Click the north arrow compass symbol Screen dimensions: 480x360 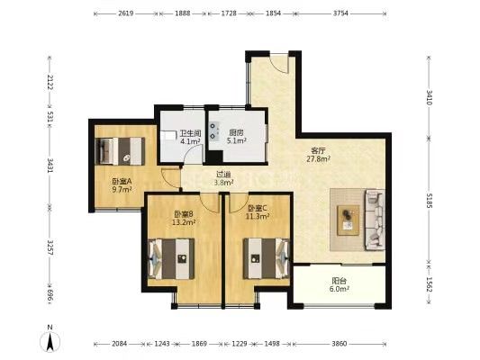[x=50, y=338]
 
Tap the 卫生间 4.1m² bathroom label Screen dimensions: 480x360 [x=190, y=137]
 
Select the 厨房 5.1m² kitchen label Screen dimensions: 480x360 [x=237, y=137]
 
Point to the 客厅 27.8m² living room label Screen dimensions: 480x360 [x=319, y=155]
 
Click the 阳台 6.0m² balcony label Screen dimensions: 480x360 [x=340, y=284]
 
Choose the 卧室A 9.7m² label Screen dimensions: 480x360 [x=122, y=185]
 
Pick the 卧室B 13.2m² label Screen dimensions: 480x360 [x=184, y=218]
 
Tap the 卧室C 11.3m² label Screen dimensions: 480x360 [x=258, y=212]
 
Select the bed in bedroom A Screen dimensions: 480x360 [x=120, y=151]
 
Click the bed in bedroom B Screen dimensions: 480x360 [x=171, y=259]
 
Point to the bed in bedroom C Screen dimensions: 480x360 [x=267, y=258]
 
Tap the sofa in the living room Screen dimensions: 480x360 [x=375, y=220]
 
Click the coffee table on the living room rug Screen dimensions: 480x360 [x=348, y=220]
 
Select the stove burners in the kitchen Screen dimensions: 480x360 [x=213, y=130]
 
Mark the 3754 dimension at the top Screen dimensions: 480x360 [x=340, y=13]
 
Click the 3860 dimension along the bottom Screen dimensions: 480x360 [x=340, y=344]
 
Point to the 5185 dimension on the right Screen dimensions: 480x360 [x=429, y=201]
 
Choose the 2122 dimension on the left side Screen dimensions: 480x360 [x=50, y=83]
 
